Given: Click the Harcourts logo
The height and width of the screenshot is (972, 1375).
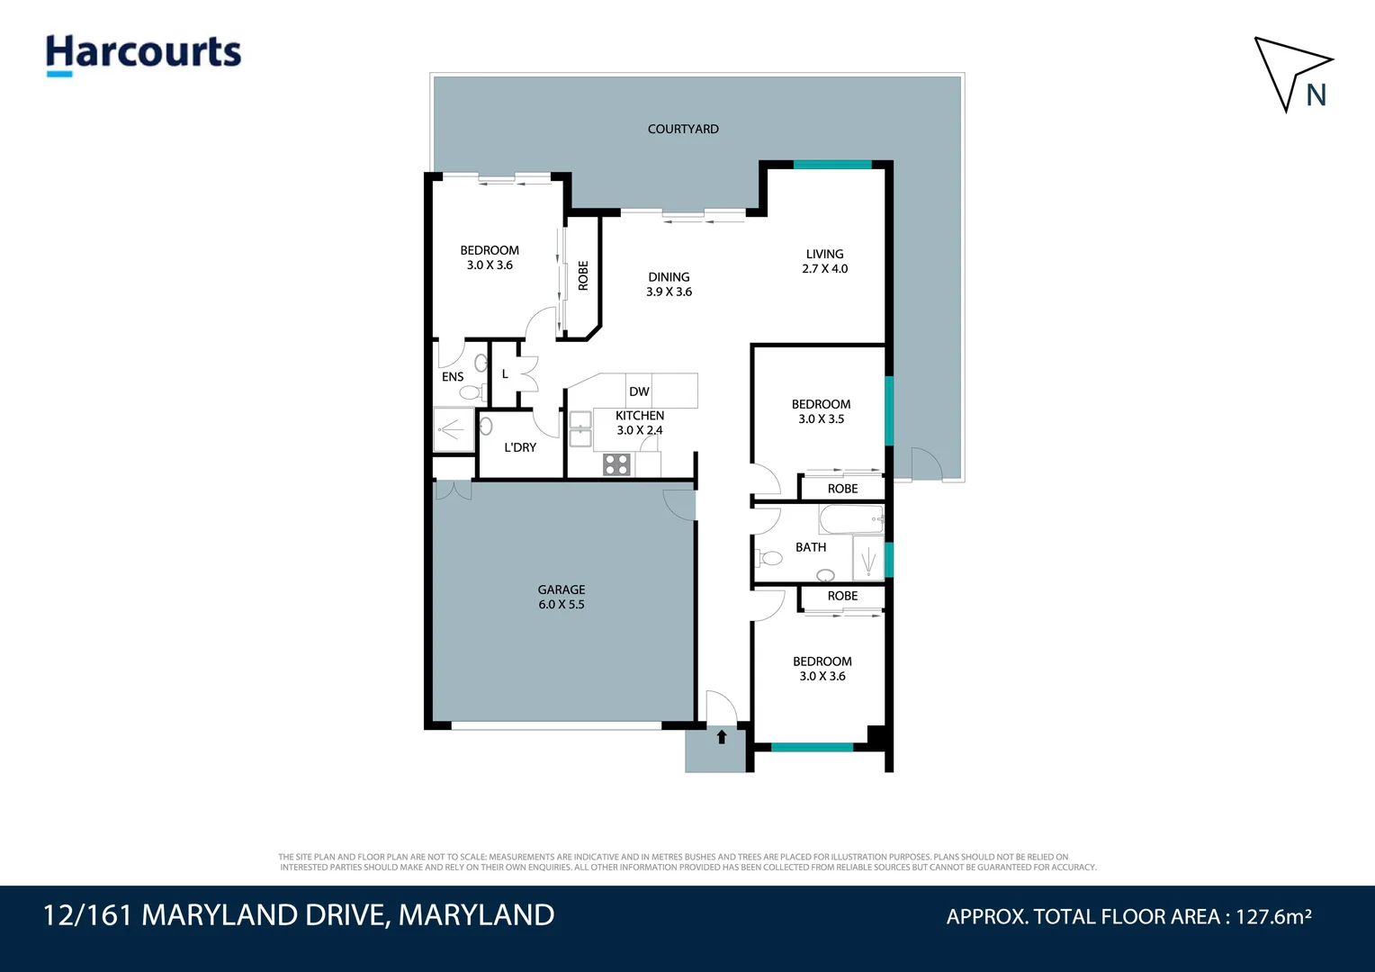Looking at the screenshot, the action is (x=144, y=55).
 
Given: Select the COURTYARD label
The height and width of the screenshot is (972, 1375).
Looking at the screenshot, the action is (x=683, y=129).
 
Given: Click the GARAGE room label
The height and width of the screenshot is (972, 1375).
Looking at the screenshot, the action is (x=561, y=597).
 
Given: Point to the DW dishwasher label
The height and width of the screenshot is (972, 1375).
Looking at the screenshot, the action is (x=639, y=391).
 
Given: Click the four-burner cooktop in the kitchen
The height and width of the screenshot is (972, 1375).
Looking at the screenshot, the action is (x=616, y=464).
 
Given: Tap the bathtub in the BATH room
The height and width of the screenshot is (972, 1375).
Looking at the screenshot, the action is (x=850, y=520).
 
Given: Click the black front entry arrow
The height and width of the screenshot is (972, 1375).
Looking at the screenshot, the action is (x=722, y=737).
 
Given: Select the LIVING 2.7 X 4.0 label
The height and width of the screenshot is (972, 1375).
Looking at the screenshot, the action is (x=825, y=261).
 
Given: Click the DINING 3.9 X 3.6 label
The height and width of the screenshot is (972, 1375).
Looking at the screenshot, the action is (x=670, y=284).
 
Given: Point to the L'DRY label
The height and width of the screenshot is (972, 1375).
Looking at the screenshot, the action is (x=520, y=447).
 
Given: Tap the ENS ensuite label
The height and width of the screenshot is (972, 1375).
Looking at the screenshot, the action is (x=453, y=377).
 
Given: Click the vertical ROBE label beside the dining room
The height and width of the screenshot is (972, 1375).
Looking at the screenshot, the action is (x=583, y=275).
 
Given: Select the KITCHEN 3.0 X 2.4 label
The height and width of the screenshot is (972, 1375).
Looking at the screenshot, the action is (x=640, y=423).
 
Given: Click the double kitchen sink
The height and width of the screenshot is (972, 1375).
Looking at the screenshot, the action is (x=580, y=429).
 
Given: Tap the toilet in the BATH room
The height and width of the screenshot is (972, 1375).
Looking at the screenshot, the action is (x=769, y=558).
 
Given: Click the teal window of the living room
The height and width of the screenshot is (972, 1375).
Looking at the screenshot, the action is (x=832, y=165).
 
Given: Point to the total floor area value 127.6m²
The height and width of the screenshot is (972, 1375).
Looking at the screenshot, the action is (x=1273, y=917).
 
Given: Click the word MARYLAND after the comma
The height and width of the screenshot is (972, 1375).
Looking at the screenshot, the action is (x=476, y=915).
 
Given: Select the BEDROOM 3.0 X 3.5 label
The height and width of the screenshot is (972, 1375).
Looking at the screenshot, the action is (x=822, y=411).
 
